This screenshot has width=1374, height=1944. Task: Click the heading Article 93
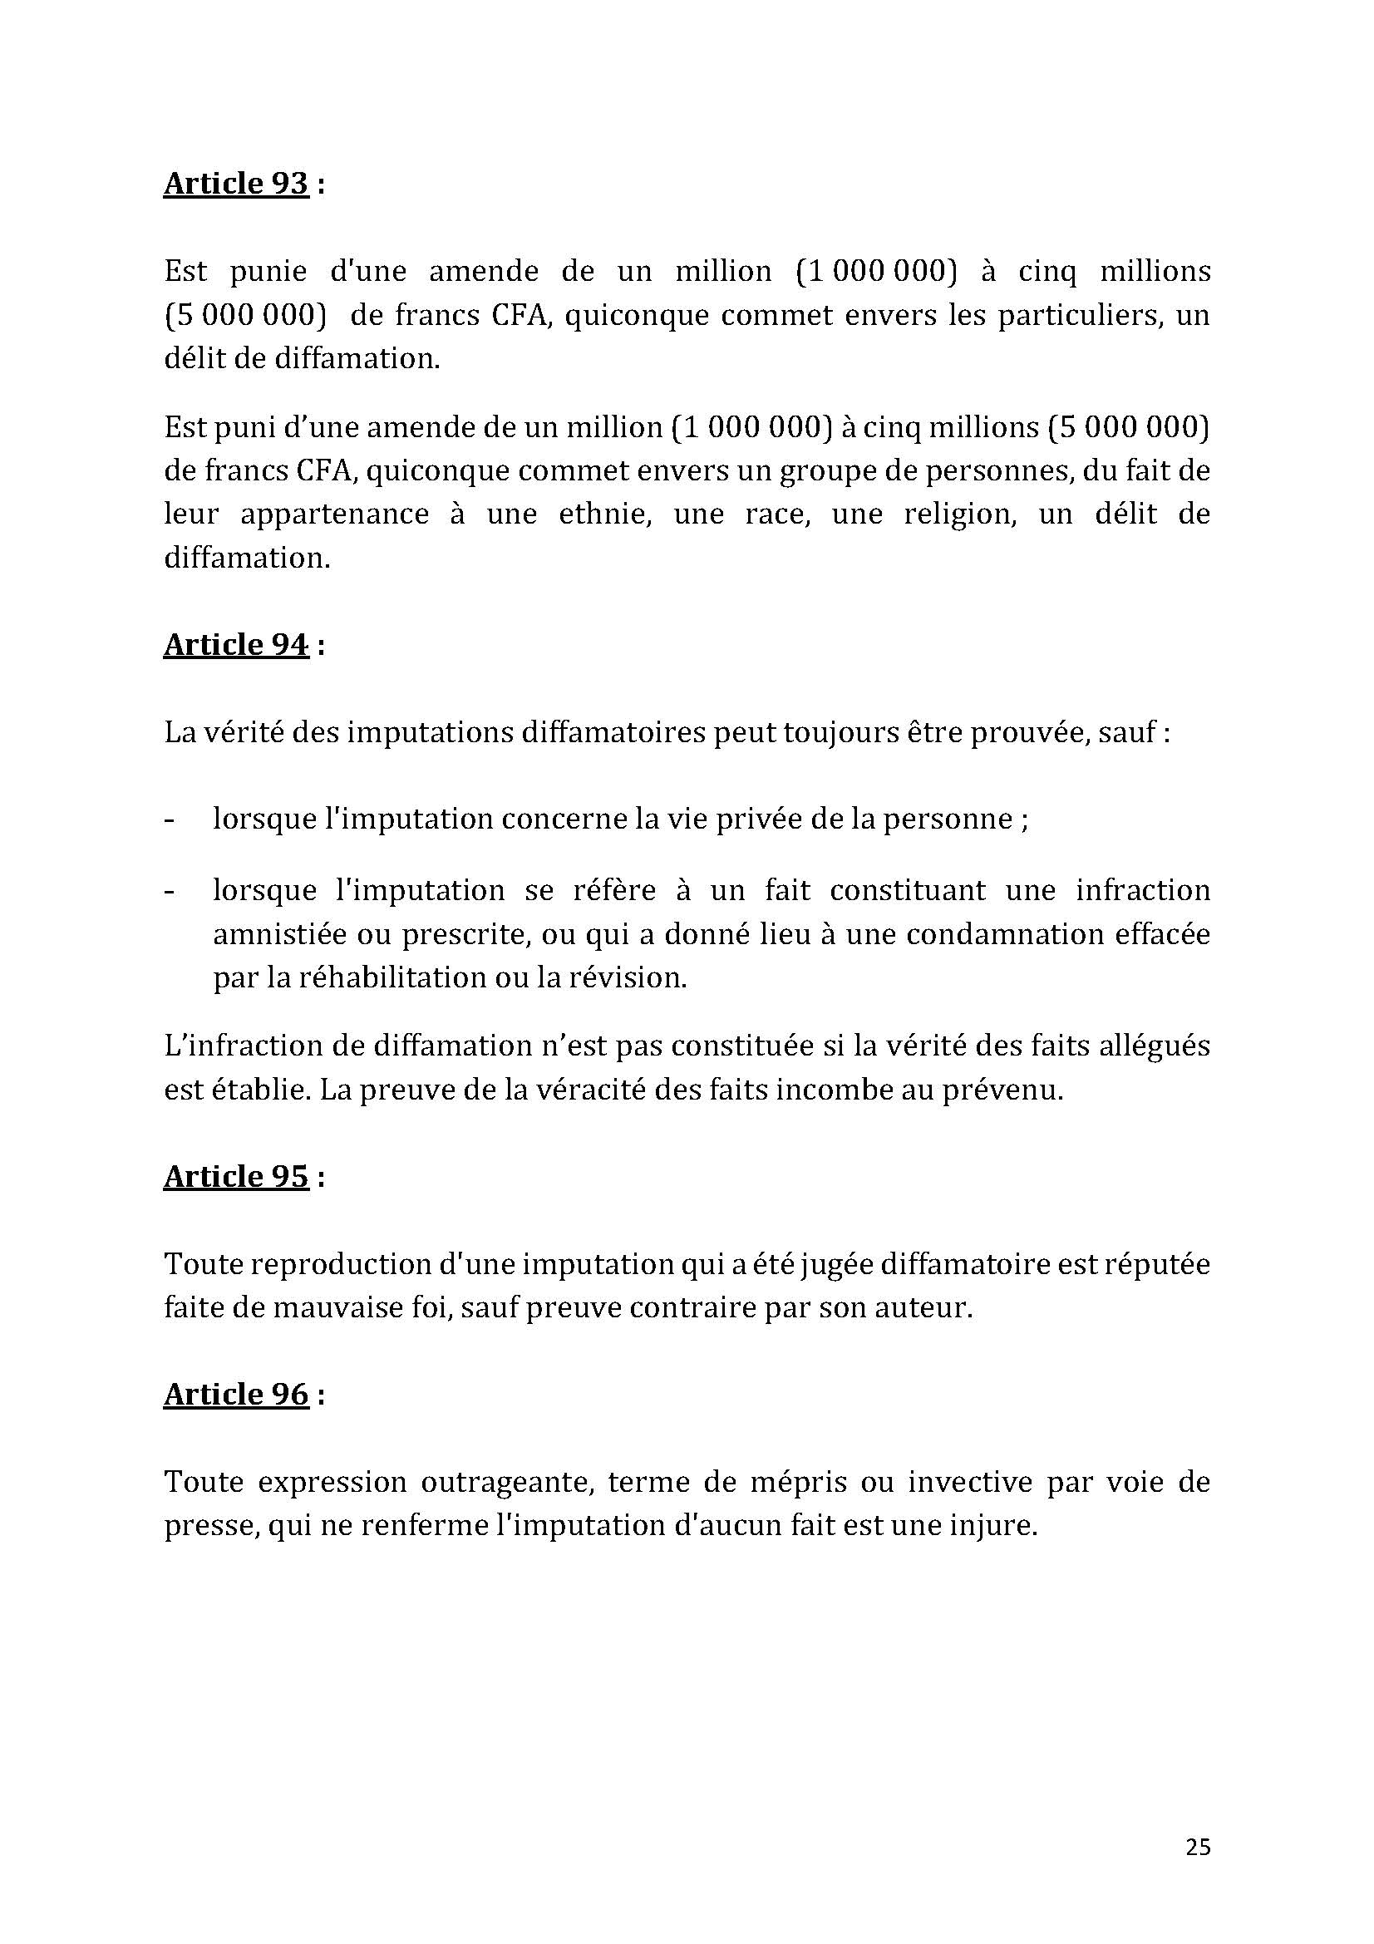point(235,184)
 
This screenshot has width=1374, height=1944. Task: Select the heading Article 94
point(235,645)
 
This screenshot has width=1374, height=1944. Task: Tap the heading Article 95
point(235,1177)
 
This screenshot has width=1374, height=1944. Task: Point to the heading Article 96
point(235,1395)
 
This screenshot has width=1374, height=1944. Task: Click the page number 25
point(1198,1848)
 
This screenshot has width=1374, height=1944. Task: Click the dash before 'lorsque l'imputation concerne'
point(170,820)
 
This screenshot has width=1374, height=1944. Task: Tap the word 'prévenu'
point(1008,1090)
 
